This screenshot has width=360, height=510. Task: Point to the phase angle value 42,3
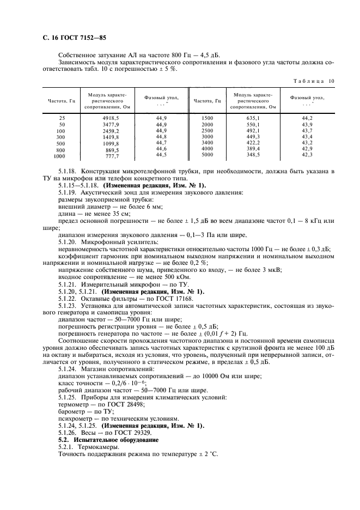click(x=307, y=155)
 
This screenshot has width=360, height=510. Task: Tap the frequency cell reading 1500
click(x=207, y=118)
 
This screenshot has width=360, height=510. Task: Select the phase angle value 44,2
click(x=307, y=118)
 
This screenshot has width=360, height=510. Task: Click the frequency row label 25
click(x=62, y=118)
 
